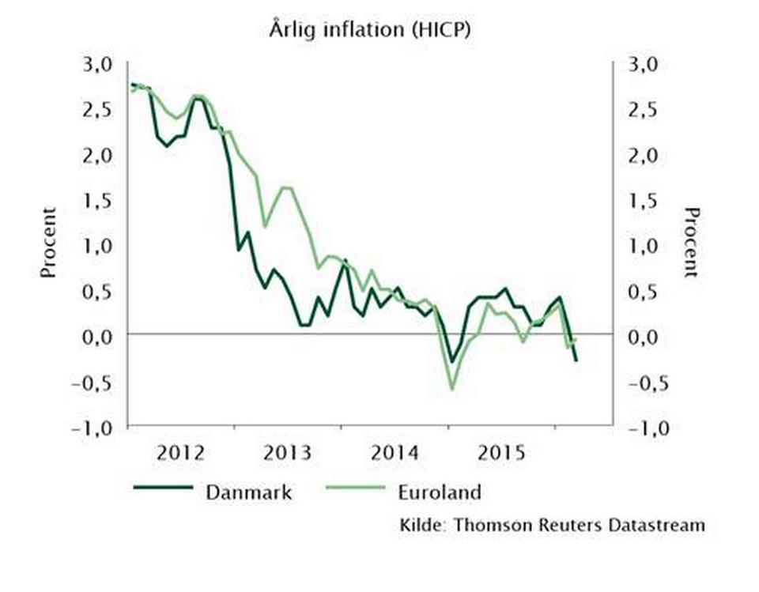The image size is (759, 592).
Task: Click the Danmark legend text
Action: [x=249, y=492]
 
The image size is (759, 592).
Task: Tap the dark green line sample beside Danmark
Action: [x=164, y=488]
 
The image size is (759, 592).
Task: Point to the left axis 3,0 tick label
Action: [x=101, y=64]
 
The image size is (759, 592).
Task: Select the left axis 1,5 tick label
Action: [x=101, y=200]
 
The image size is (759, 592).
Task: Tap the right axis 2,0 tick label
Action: [x=643, y=155]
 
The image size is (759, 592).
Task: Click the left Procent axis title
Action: [x=49, y=243]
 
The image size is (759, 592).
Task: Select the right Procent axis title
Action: [x=692, y=243]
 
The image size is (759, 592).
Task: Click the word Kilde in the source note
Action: [x=423, y=525]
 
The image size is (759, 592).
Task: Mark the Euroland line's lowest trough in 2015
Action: [x=452, y=389]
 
